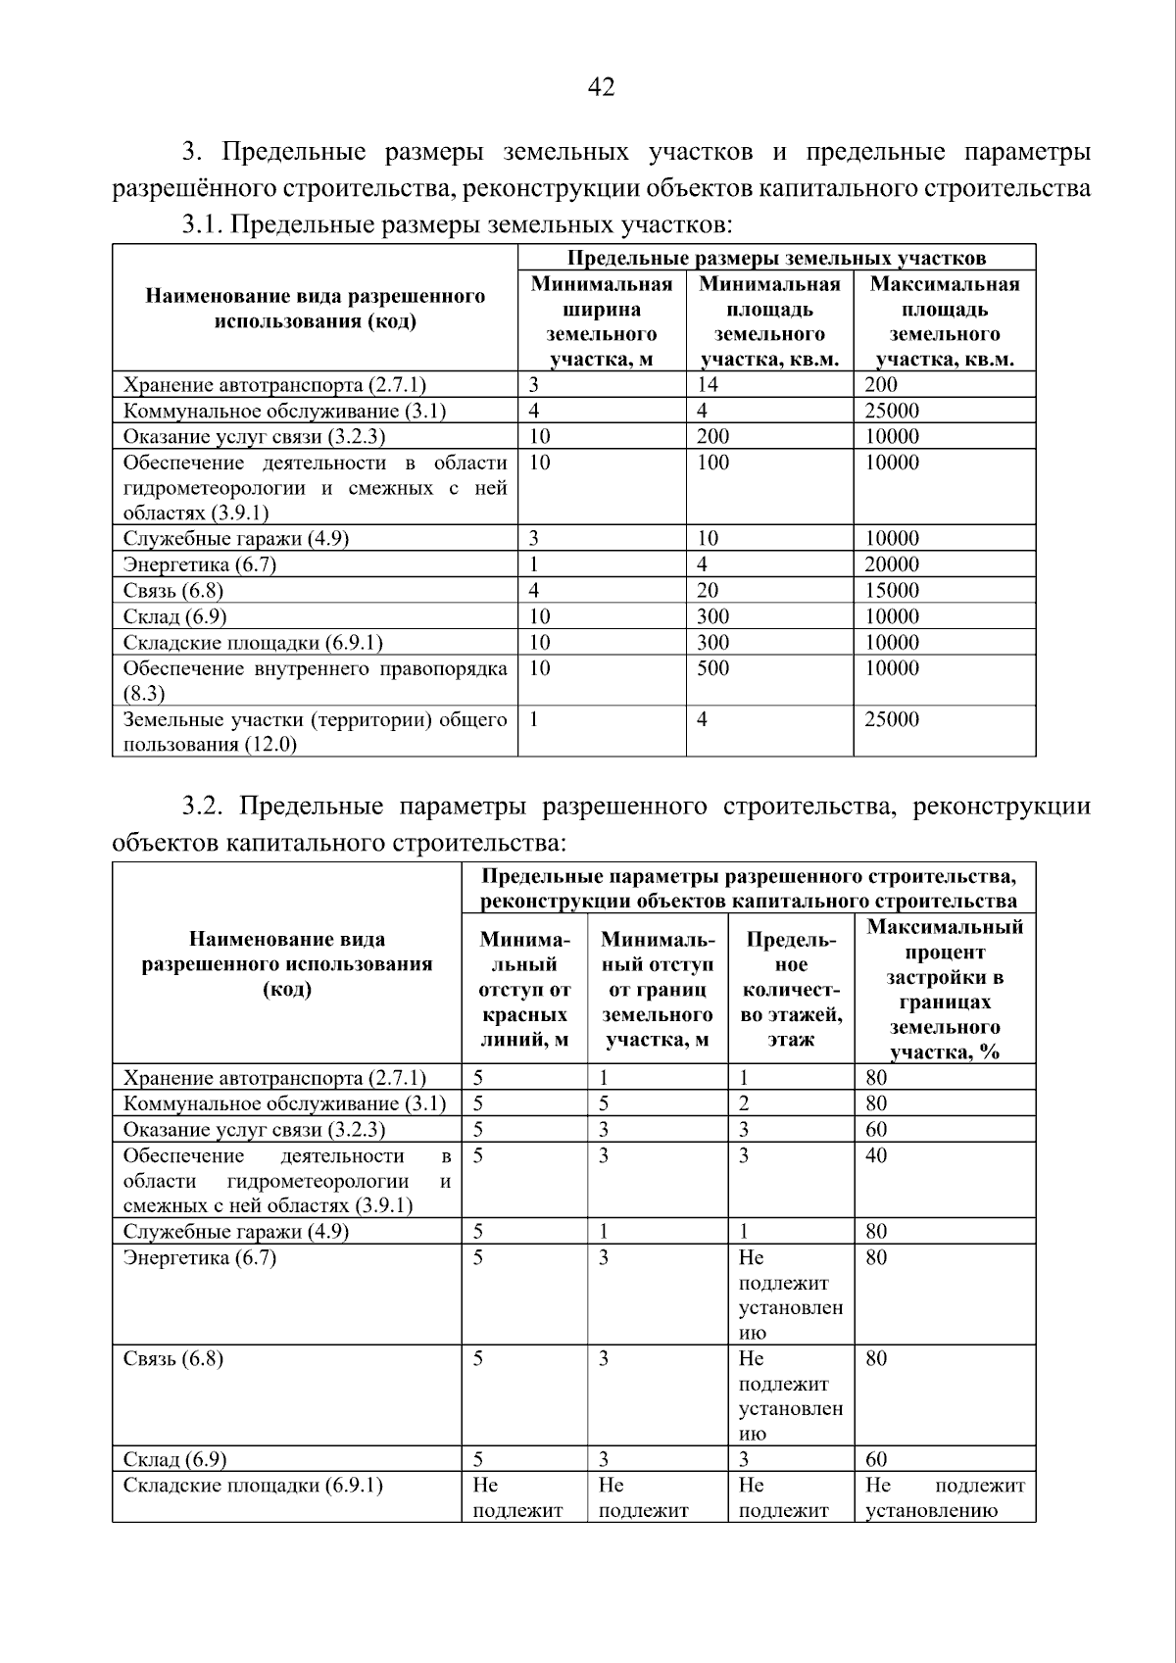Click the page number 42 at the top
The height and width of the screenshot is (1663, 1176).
point(601,88)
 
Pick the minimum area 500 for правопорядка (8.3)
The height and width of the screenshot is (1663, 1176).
point(712,668)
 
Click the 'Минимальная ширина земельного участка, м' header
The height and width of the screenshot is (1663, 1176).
point(601,321)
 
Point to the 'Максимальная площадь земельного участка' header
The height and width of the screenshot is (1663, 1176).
point(944,321)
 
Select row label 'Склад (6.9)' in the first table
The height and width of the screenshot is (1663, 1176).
point(174,616)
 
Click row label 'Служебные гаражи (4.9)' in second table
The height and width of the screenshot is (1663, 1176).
point(235,1232)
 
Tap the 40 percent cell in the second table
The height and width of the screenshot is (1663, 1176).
point(876,1155)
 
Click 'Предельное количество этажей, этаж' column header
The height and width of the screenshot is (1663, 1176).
point(791,990)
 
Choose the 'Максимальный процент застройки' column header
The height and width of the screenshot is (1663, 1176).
point(944,990)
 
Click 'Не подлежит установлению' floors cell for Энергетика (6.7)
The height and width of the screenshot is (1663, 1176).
point(790,1295)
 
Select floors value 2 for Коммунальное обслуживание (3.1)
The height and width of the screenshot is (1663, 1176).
point(745,1104)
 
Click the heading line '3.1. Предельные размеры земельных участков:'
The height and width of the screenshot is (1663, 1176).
point(457,225)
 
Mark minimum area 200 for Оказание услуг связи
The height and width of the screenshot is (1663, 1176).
point(712,437)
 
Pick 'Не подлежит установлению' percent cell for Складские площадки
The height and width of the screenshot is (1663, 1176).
point(944,1497)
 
